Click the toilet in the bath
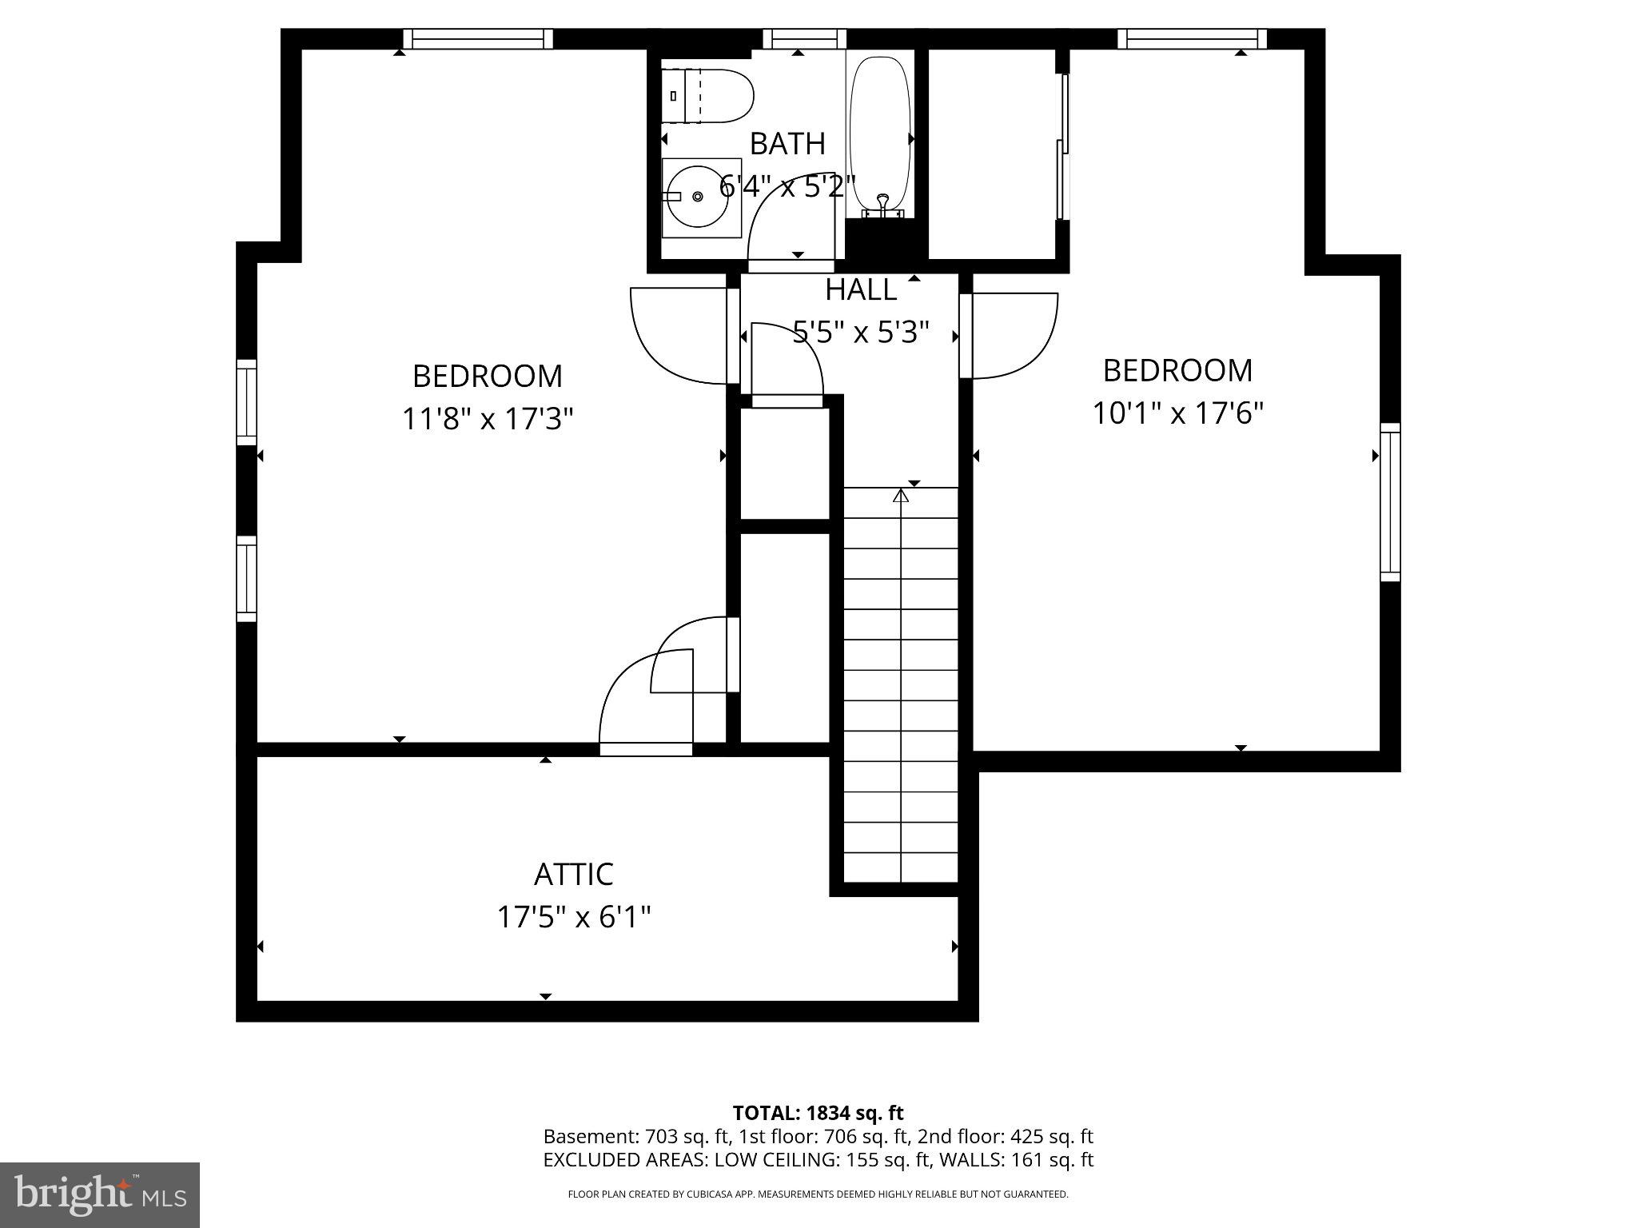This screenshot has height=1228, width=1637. (x=708, y=96)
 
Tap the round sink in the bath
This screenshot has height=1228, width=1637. (x=697, y=197)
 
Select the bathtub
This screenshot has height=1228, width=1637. (x=880, y=132)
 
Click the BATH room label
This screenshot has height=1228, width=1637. (x=787, y=144)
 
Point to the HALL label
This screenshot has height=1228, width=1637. (x=861, y=289)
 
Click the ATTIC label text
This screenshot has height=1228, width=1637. (x=573, y=874)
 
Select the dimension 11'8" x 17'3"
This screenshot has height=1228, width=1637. (x=488, y=418)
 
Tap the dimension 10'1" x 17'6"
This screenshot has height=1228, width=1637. (x=1177, y=413)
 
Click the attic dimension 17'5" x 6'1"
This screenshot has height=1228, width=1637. (x=573, y=917)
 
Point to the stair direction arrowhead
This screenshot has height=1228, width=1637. (x=901, y=496)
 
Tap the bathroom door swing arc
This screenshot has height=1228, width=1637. (x=787, y=224)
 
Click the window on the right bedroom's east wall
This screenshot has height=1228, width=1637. (x=1390, y=502)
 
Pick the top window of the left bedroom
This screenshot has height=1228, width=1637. (x=477, y=38)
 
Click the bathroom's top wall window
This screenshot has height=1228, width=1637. (x=804, y=38)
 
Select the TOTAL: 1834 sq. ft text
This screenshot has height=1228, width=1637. (x=818, y=1112)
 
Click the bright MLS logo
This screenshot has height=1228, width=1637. (x=99, y=1194)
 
